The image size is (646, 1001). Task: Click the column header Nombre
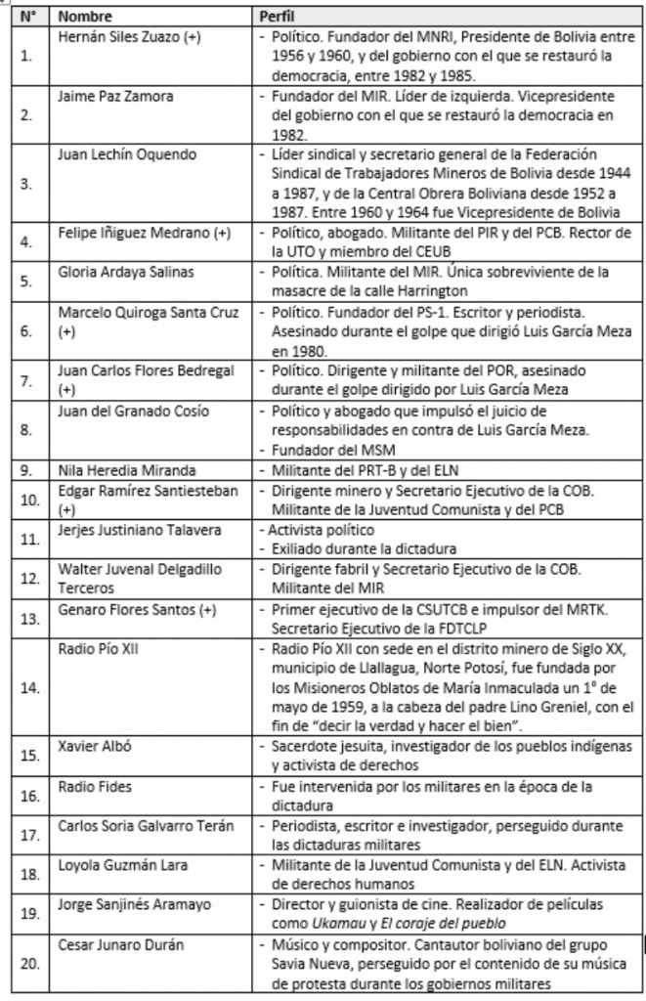pos(86,17)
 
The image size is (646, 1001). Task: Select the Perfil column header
pos(276,17)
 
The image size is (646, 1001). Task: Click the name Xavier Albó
pos(90,745)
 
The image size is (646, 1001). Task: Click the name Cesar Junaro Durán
pos(119,946)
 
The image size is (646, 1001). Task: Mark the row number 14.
pos(30,687)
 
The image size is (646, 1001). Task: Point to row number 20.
pos(30,966)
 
